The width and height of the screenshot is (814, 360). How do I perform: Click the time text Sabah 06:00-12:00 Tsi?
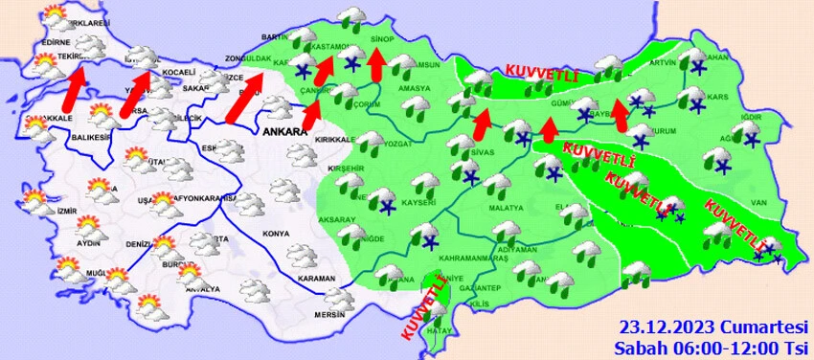click(x=712, y=346)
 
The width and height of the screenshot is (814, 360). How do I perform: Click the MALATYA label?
click(x=506, y=207)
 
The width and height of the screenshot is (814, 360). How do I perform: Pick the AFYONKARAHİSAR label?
click(x=204, y=198)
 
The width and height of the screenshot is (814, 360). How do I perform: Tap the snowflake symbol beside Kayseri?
click(x=389, y=206)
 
